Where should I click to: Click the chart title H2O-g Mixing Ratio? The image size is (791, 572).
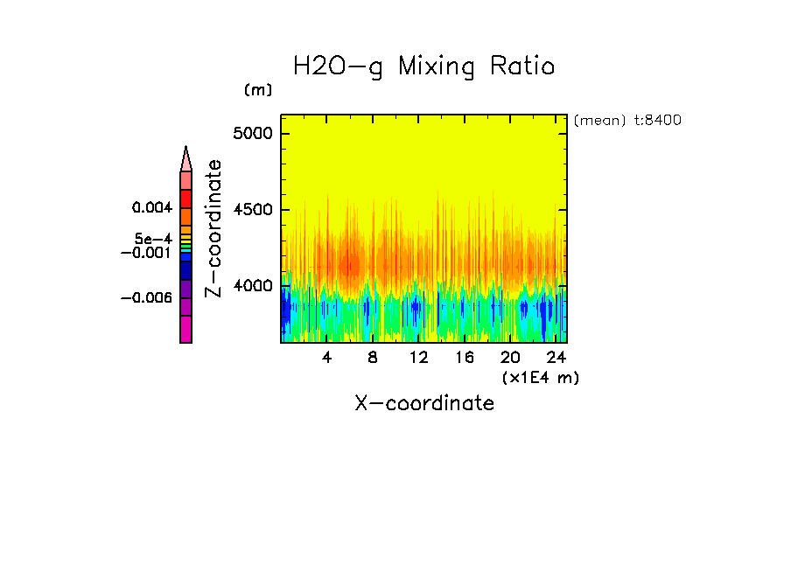coord(424,67)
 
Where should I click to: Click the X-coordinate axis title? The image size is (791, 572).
coord(424,403)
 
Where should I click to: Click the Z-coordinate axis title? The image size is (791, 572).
coord(213,228)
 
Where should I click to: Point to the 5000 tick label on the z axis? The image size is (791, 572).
coord(254,134)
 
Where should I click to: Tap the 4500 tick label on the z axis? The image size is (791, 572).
coord(254,210)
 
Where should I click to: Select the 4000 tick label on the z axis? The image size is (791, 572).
coord(254,286)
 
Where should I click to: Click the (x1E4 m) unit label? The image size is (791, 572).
coord(541,377)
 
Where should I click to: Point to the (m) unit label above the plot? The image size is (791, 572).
coord(258,90)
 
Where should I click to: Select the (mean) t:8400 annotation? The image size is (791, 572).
coord(627,121)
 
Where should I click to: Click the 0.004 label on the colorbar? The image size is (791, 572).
coord(152,208)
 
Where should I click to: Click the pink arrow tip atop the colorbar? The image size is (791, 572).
coord(185,158)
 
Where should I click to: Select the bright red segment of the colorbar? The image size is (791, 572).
coord(185,199)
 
